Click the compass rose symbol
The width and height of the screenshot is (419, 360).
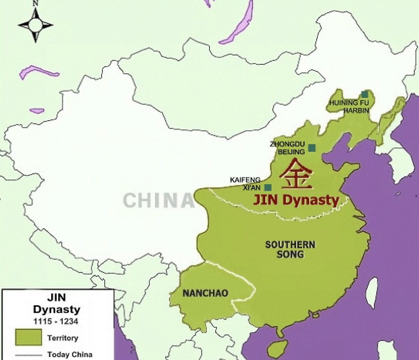point(35,25)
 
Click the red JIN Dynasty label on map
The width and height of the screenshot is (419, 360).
point(296,200)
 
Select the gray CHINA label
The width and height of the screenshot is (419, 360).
point(158,200)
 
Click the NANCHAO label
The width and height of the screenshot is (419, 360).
point(205,293)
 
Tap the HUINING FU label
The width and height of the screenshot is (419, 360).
point(349,103)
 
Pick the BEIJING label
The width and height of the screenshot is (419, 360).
point(291,151)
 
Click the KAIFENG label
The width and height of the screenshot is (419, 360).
point(245,180)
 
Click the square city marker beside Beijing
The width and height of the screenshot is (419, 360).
point(312,148)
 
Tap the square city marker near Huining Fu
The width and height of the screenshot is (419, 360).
point(364,94)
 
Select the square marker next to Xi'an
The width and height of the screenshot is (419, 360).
point(268,188)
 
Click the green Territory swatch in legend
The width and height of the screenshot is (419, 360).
point(28,337)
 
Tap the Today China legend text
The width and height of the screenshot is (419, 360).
point(70,354)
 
